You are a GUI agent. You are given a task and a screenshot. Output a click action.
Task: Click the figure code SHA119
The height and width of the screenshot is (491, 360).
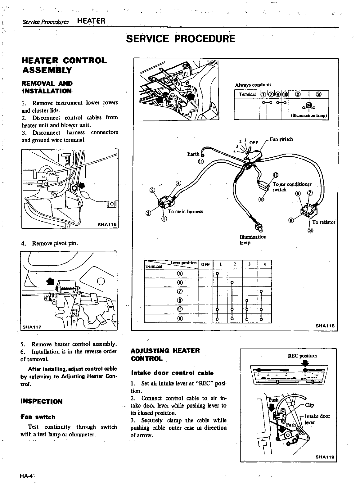click(x=325, y=457)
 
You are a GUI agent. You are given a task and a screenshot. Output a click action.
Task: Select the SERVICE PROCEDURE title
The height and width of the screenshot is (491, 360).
click(x=181, y=39)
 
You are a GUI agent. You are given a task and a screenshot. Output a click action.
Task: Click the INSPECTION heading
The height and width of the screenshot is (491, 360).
click(x=41, y=401)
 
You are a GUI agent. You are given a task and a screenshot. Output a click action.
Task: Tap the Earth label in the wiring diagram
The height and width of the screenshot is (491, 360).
click(x=193, y=154)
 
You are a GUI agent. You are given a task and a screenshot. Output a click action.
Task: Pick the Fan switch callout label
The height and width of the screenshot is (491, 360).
click(x=281, y=139)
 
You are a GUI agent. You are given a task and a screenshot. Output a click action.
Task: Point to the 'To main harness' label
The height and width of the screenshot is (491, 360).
click(x=185, y=211)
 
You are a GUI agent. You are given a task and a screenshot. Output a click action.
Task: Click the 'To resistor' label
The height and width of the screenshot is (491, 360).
click(x=324, y=222)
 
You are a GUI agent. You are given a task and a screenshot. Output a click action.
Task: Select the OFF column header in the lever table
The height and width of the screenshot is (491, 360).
click(x=205, y=264)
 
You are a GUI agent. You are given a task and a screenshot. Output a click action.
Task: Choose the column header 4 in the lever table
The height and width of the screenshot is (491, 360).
click(x=264, y=264)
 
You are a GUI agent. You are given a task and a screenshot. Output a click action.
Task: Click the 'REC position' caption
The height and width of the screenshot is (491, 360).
click(x=303, y=356)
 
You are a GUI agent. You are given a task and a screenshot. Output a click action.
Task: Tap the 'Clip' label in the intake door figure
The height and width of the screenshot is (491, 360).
click(x=309, y=405)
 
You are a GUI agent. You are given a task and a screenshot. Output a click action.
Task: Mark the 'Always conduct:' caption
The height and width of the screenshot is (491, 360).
click(x=253, y=85)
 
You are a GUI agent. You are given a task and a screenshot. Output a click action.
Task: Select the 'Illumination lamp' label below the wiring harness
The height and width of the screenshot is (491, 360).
click(x=253, y=240)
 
